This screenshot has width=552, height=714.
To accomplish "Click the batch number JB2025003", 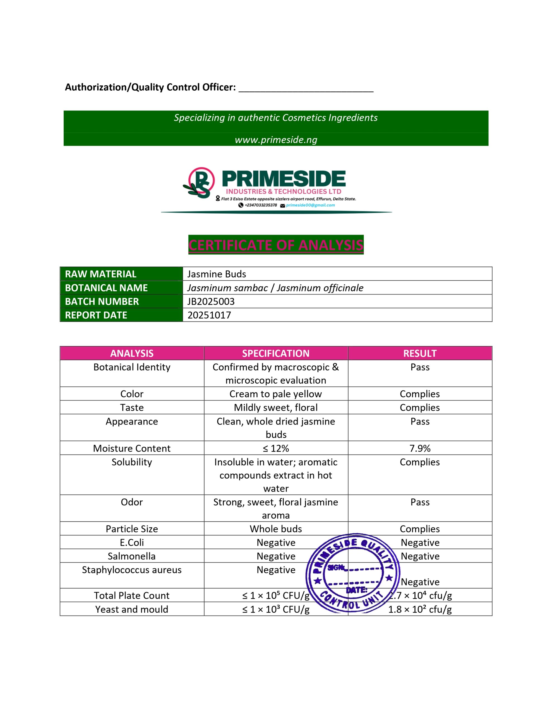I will tap(211, 301).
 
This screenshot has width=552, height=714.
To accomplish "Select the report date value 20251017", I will tap(209, 315).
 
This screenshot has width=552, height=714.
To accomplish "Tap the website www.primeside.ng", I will tap(276, 140).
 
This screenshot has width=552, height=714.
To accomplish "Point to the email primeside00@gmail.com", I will tap(310, 205).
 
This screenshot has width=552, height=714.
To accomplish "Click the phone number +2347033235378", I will tap(260, 205).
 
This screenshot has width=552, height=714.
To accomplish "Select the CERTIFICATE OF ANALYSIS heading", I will tap(276, 245).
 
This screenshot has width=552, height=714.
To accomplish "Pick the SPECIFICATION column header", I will tap(276, 353).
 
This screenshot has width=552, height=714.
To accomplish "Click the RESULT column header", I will tap(420, 353).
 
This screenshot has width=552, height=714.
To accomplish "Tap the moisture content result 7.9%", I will tap(420, 448).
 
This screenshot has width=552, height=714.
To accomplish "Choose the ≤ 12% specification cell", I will tap(276, 448).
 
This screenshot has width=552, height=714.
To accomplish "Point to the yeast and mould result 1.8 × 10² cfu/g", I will tap(420, 609).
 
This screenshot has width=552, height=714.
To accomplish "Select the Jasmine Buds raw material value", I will tap(217, 274).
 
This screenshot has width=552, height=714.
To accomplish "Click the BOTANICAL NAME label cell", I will tap(106, 288).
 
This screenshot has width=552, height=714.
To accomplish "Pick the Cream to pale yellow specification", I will tap(276, 394).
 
